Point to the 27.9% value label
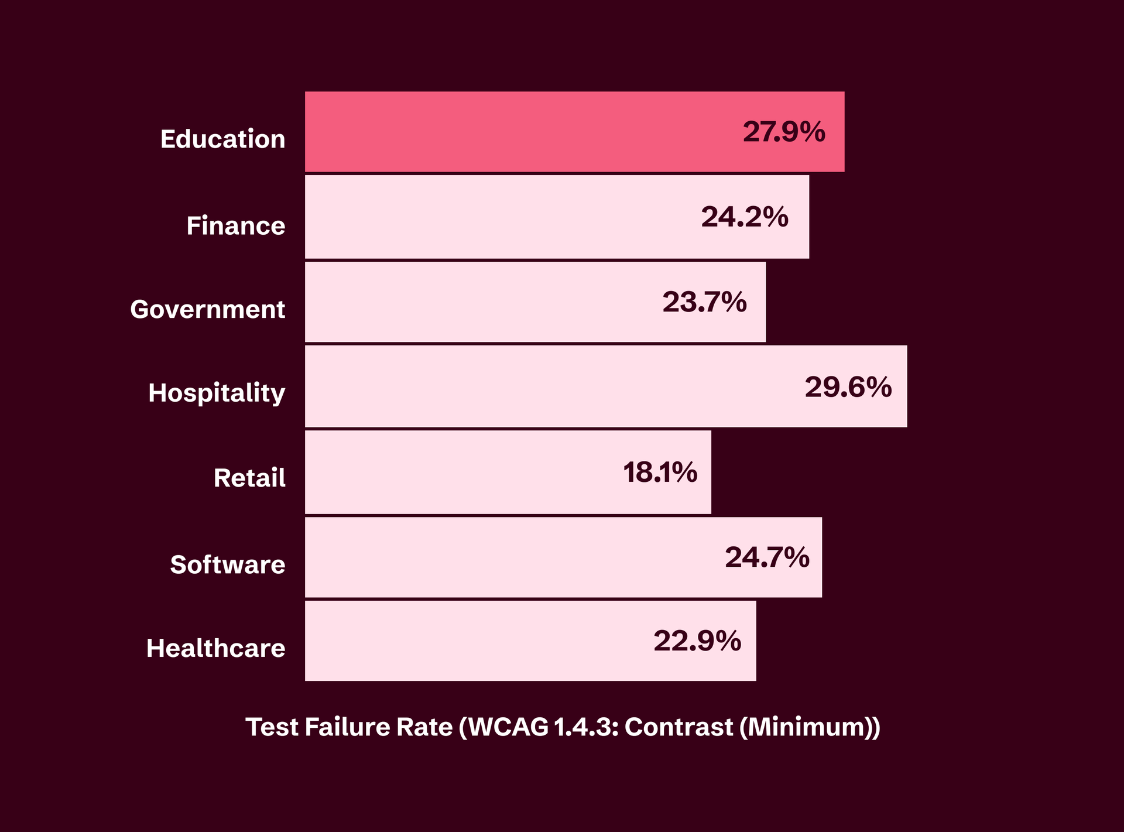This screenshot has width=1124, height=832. (x=784, y=132)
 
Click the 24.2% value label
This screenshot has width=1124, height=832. (x=745, y=217)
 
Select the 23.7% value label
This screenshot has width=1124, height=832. (x=704, y=302)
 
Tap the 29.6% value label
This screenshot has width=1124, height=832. (x=848, y=387)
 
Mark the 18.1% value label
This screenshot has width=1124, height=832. (x=660, y=473)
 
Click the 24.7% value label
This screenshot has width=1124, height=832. (x=767, y=557)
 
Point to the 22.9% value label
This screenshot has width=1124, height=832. (x=697, y=641)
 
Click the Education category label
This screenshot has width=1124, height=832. (x=222, y=139)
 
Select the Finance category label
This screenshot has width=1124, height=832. (x=235, y=225)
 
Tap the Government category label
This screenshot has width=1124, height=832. (x=207, y=309)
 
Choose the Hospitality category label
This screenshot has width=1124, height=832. (x=217, y=393)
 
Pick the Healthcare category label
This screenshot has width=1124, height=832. (x=215, y=648)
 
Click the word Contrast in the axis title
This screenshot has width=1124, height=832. (x=678, y=727)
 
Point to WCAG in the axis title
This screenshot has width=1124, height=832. (x=509, y=727)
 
